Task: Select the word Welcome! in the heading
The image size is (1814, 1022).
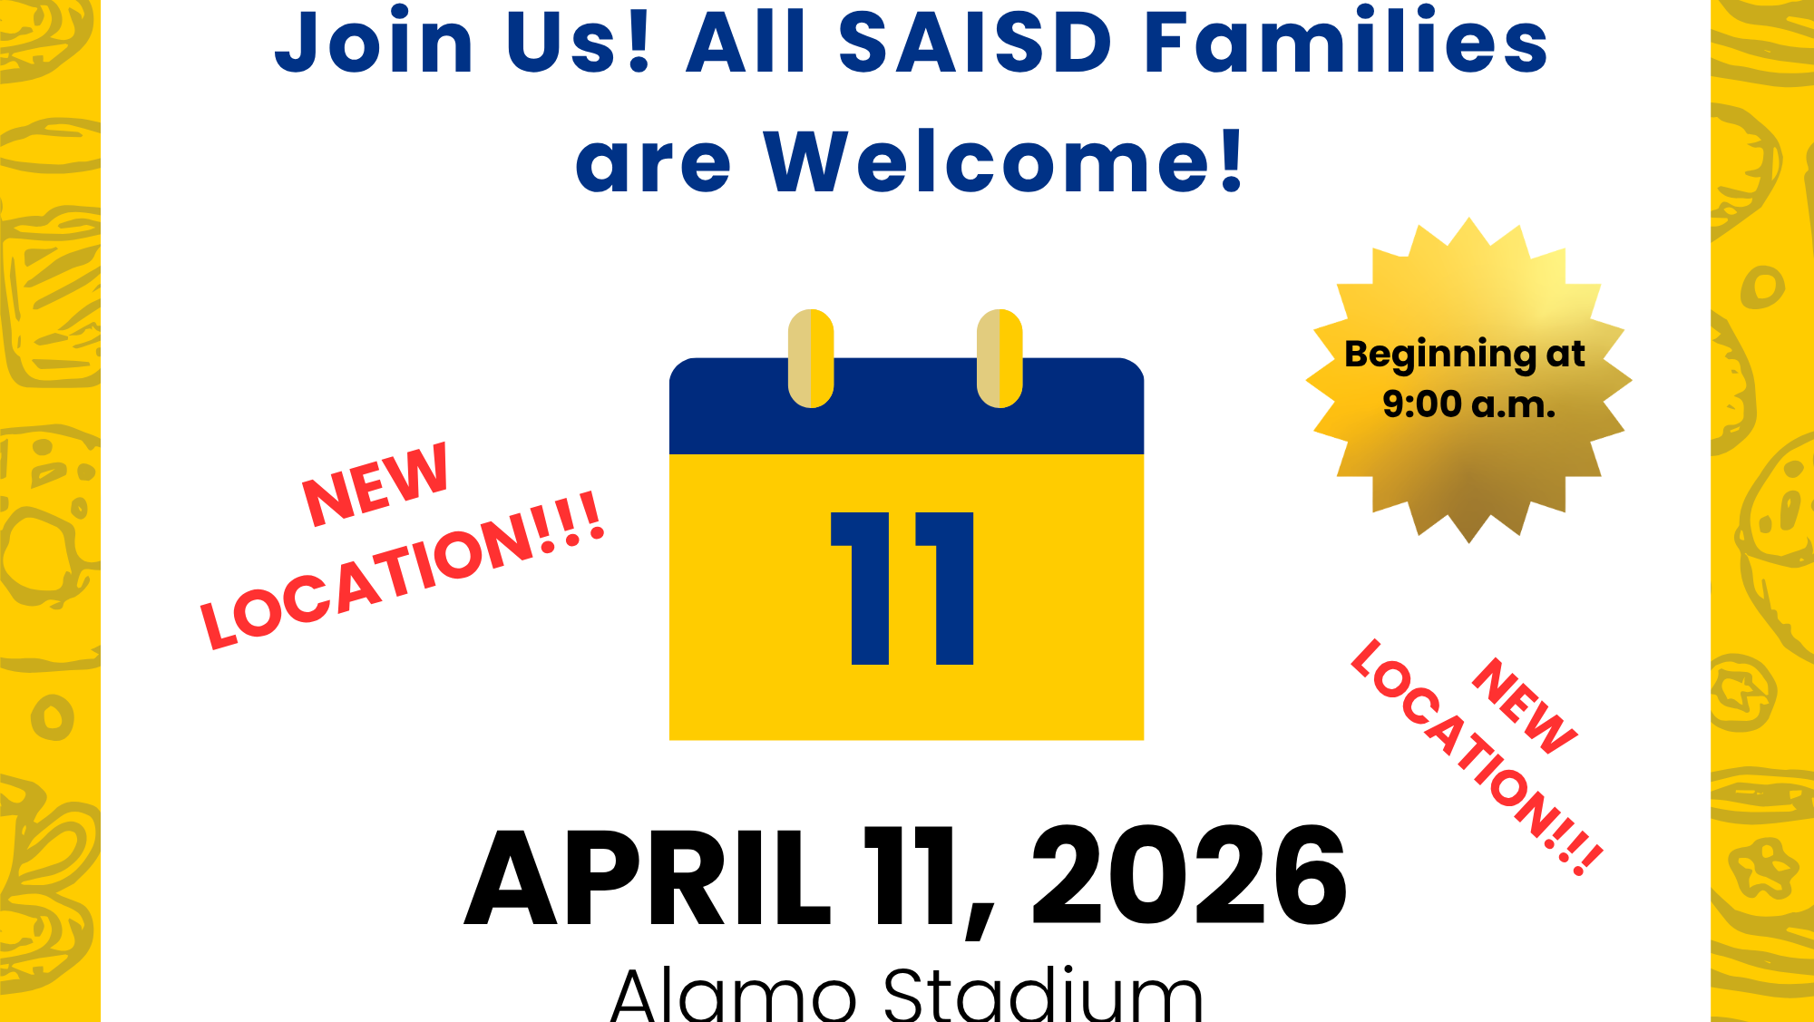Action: (x=1004, y=161)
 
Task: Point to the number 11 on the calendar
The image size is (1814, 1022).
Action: (x=902, y=589)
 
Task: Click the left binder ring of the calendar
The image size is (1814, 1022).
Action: (x=811, y=358)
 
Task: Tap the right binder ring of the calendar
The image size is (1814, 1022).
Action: (x=1000, y=358)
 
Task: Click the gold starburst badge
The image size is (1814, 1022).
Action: (x=1468, y=380)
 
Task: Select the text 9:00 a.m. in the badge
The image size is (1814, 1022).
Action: (x=1468, y=404)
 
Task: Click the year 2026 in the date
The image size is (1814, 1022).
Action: (x=1189, y=877)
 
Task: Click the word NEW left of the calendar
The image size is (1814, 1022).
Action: (x=375, y=485)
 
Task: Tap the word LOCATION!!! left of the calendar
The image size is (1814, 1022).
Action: (x=402, y=570)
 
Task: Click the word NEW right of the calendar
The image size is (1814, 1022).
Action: (x=1525, y=706)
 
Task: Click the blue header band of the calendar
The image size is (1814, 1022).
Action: (x=906, y=406)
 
